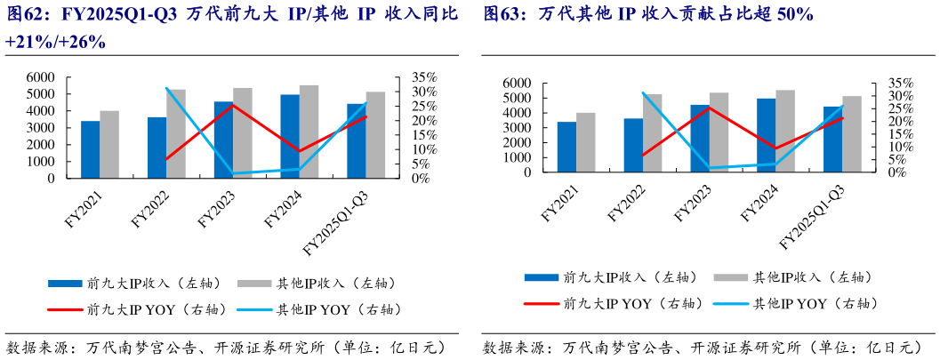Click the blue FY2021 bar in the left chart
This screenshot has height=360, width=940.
tap(90, 149)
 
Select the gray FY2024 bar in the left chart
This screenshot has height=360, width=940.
tap(309, 132)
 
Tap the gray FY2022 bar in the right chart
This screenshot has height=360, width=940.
tap(653, 132)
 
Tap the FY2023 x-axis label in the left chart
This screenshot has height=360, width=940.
tap(216, 205)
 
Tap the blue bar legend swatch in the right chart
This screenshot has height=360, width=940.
tap(541, 277)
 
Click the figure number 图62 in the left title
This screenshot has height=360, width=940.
tap(23, 15)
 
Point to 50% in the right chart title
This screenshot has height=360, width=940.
tap(795, 15)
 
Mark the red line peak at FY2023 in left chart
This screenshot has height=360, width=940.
tap(233, 104)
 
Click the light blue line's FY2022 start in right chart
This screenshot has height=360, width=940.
tap(643, 92)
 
